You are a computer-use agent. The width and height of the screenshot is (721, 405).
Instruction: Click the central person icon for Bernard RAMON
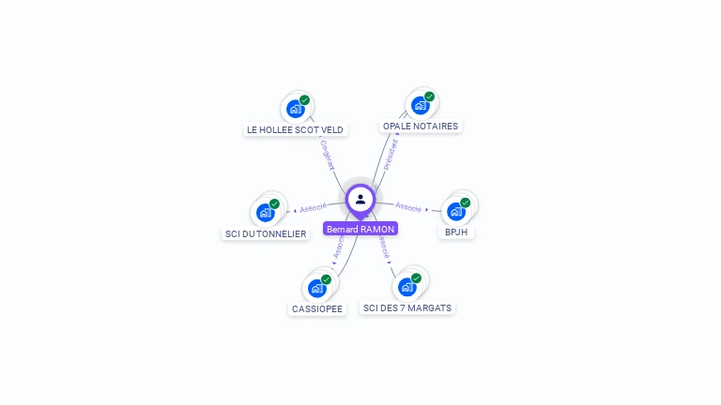point(360,199)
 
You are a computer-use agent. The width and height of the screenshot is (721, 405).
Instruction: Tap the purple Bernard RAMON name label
point(360,229)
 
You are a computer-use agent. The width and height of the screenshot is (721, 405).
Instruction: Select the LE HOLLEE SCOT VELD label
point(295,129)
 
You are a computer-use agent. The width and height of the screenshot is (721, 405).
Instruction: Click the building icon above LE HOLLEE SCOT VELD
point(296,109)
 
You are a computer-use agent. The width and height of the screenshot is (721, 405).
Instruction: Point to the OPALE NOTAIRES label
point(421,126)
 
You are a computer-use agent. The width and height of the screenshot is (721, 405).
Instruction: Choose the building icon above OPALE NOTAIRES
point(420,105)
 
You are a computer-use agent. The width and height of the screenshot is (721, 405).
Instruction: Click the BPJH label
point(456,232)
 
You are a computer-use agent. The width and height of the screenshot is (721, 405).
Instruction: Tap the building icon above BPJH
point(456,211)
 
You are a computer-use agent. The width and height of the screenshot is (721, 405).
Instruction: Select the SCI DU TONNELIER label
point(266,233)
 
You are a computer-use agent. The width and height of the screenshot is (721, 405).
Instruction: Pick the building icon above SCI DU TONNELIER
point(266,213)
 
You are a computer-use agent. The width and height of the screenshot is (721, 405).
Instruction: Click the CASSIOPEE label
point(317,308)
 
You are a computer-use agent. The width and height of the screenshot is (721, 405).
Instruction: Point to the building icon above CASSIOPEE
point(317,288)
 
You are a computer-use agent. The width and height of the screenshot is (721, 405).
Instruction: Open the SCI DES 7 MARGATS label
point(407,307)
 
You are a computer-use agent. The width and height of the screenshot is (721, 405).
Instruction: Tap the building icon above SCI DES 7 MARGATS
point(407,287)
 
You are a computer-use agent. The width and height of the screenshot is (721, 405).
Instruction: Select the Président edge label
point(391,154)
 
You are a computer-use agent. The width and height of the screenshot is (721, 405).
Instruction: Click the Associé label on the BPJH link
point(408,206)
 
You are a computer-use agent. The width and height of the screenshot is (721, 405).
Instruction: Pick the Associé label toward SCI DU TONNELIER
point(313,208)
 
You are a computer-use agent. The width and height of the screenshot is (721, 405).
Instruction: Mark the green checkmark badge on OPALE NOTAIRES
point(429,97)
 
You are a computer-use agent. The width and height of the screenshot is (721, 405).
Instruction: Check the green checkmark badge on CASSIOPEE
point(326,279)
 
